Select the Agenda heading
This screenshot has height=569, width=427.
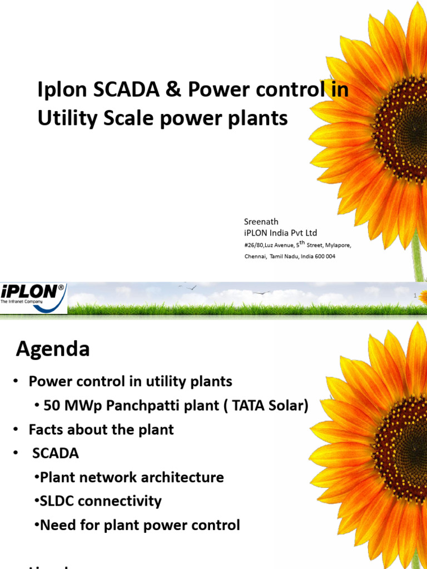(53, 349)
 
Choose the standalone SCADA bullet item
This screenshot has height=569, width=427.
(55, 453)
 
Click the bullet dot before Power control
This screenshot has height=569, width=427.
(17, 382)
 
